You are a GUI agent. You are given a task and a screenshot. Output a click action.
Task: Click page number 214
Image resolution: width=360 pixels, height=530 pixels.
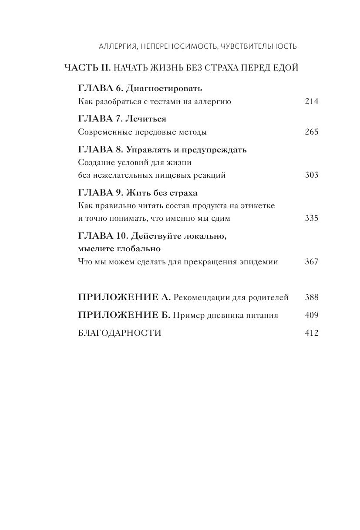(x=312, y=101)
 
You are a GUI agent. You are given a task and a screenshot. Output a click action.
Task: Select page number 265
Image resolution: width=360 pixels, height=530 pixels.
(x=312, y=132)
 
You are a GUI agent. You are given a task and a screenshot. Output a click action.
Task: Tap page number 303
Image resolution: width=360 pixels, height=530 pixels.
(x=312, y=175)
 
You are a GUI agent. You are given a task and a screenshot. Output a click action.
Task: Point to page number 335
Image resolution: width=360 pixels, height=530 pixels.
(x=312, y=218)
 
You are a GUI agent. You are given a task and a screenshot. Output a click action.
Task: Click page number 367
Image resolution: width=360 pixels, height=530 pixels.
(x=312, y=262)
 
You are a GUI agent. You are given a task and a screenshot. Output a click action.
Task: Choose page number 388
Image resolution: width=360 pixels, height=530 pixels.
(x=312, y=297)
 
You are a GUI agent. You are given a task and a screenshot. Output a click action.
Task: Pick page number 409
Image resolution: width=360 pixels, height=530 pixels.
(x=312, y=315)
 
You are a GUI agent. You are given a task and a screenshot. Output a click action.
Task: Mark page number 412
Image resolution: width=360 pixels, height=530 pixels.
(x=312, y=333)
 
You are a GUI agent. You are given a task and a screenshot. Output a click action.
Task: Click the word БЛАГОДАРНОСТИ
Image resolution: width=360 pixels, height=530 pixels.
(x=120, y=333)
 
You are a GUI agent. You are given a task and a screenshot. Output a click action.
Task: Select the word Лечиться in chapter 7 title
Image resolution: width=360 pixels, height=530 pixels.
(x=147, y=119)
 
